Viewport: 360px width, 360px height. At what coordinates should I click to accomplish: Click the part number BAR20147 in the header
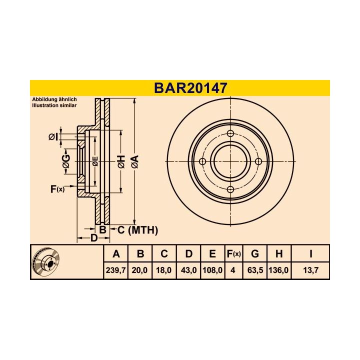coord(190,88)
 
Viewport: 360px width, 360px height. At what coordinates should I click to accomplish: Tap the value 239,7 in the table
coord(116,270)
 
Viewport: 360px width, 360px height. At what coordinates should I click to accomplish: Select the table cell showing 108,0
coord(212,270)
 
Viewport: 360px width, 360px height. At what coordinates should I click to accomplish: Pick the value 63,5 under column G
coord(254,270)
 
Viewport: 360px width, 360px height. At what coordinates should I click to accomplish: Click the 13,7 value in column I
coord(310,270)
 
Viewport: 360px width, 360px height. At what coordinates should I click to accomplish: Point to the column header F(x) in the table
coord(233,254)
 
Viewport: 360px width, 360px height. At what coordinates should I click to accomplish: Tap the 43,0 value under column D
coord(188,270)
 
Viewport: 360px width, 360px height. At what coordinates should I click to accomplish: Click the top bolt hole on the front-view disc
coord(230,133)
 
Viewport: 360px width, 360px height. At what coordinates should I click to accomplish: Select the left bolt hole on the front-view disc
coord(202,161)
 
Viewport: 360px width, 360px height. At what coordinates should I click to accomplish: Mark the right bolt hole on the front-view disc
coord(258,161)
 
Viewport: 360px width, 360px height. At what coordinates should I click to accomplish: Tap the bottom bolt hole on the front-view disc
coord(230,189)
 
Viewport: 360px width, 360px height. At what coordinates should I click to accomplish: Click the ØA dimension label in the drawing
coord(134,161)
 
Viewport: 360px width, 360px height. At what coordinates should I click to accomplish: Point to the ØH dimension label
coord(120,161)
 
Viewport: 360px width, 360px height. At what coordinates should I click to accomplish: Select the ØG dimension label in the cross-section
coord(65,161)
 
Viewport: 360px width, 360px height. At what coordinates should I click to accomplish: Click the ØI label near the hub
coord(54,137)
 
